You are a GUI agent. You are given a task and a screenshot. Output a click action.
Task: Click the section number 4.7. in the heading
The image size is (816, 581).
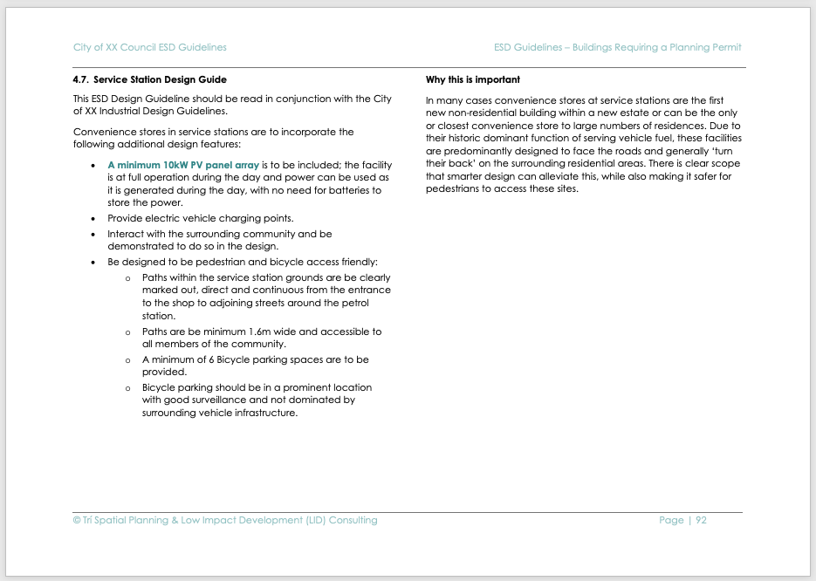tap(80, 79)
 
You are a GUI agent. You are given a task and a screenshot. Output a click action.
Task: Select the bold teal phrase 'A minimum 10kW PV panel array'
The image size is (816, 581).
tap(183, 164)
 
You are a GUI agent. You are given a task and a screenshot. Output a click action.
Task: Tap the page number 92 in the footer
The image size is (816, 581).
tap(701, 520)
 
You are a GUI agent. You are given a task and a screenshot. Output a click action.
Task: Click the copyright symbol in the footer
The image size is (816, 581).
tap(76, 520)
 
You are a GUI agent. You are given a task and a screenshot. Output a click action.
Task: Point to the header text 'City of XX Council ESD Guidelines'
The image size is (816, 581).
tap(149, 47)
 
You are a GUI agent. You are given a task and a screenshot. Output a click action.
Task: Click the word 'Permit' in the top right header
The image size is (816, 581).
tap(726, 47)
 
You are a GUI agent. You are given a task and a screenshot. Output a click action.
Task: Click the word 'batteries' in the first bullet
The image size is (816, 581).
tap(339, 189)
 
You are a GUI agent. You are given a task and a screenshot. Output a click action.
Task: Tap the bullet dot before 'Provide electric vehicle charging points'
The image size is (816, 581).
tap(94, 218)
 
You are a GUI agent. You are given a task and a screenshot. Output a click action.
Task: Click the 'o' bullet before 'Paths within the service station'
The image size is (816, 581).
tap(127, 277)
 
